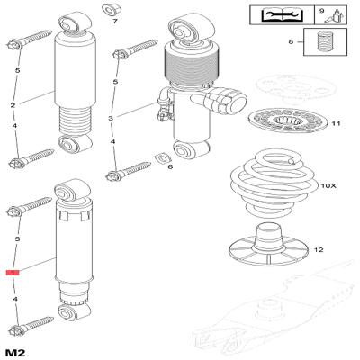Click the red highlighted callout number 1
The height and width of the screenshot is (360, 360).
click(x=12, y=271)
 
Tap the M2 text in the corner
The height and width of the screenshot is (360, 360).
click(x=14, y=349)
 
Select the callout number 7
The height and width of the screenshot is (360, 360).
click(x=114, y=21)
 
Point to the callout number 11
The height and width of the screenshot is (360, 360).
click(x=336, y=123)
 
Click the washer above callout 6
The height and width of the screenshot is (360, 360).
click(x=164, y=159)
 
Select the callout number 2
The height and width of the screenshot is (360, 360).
click(x=12, y=107)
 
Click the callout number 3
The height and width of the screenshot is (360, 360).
click(x=111, y=118)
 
